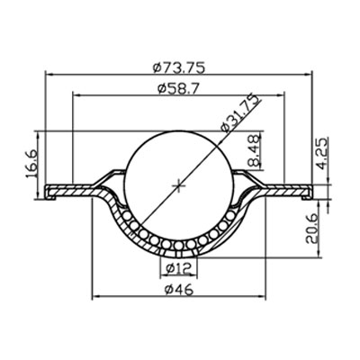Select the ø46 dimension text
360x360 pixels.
coord(181,290)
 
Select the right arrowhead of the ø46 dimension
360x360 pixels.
coord(267,298)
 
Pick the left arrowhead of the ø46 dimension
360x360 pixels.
coord(95,298)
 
